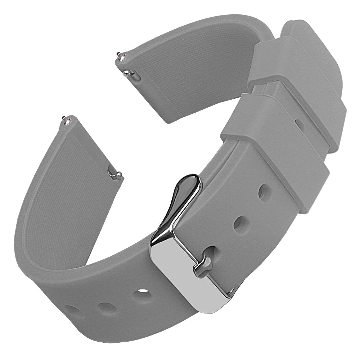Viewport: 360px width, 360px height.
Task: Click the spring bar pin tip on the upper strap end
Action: tap(118, 55)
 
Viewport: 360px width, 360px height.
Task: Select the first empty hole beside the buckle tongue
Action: tap(240, 224)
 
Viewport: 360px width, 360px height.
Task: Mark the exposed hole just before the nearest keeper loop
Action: tap(265, 193)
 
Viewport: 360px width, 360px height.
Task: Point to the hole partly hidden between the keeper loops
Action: tap(298, 124)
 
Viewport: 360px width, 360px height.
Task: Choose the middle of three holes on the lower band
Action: tap(107, 308)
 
